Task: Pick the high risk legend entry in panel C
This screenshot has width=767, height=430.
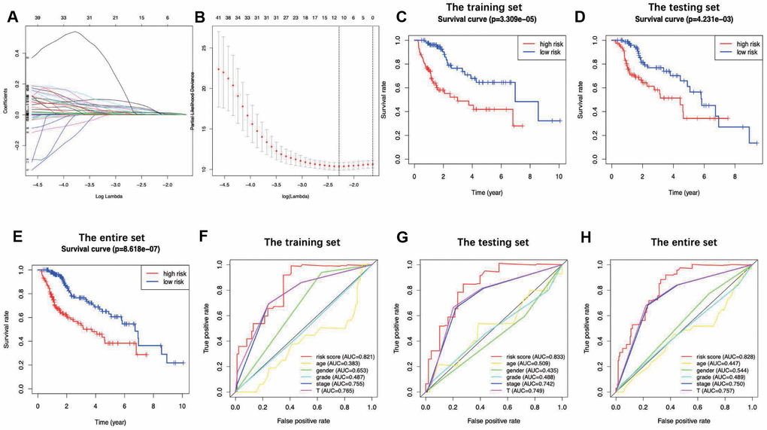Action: [541, 44]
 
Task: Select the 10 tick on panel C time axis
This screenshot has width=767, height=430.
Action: [558, 175]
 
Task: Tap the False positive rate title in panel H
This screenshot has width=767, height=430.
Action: [684, 416]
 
